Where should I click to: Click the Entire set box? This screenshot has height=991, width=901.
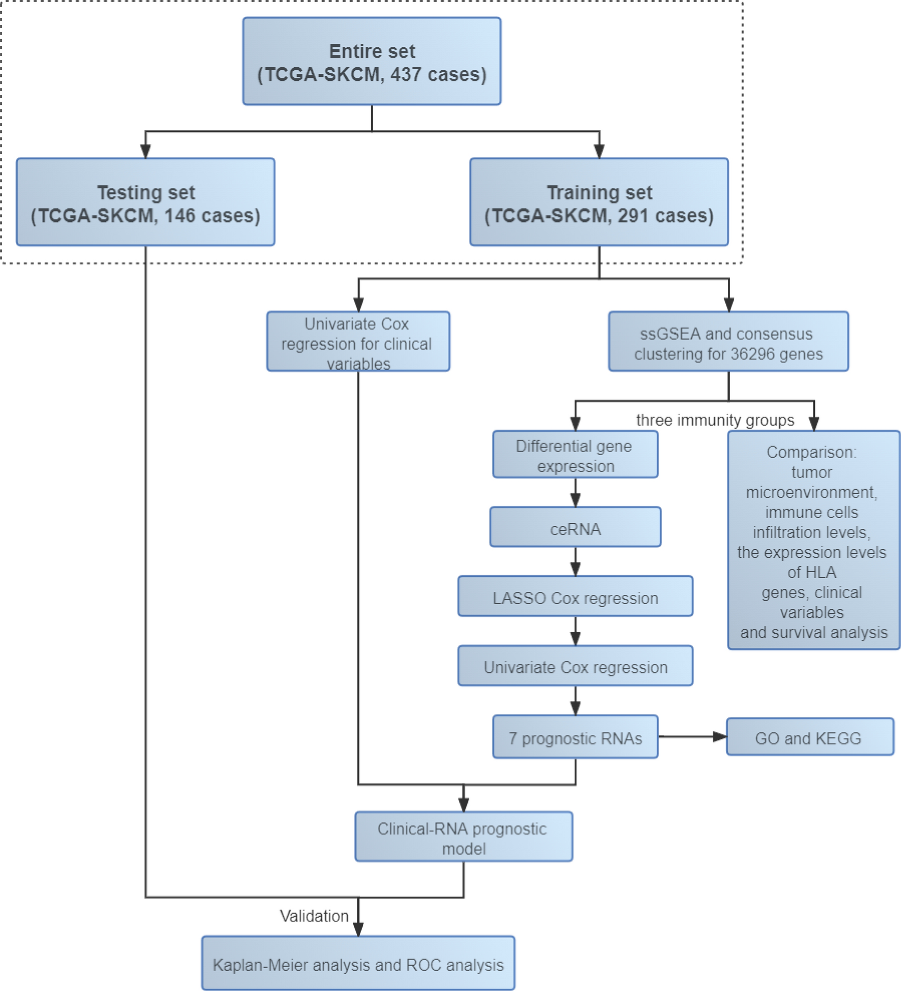click(372, 61)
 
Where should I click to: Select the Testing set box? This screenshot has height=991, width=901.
click(146, 202)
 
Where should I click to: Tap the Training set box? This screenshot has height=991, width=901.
click(599, 202)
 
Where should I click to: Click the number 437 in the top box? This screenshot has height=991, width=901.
click(406, 74)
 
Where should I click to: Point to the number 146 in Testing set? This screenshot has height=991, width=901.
click(179, 216)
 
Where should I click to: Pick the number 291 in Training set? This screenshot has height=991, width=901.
click(633, 216)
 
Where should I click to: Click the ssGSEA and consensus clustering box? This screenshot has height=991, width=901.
click(728, 342)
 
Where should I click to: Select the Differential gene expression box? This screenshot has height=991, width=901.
click(575, 455)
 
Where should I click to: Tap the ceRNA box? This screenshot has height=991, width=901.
click(575, 527)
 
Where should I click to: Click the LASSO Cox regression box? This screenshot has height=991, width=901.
click(575, 597)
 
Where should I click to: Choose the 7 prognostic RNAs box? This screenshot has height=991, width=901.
click(575, 737)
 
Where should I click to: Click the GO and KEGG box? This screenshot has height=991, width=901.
click(809, 737)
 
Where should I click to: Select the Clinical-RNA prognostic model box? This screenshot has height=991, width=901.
click(463, 837)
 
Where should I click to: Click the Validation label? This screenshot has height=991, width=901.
click(314, 916)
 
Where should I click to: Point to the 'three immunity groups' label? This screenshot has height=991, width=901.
click(715, 420)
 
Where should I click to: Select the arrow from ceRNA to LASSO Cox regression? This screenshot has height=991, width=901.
click(575, 561)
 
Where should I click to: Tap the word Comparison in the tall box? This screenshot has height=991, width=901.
click(811, 452)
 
